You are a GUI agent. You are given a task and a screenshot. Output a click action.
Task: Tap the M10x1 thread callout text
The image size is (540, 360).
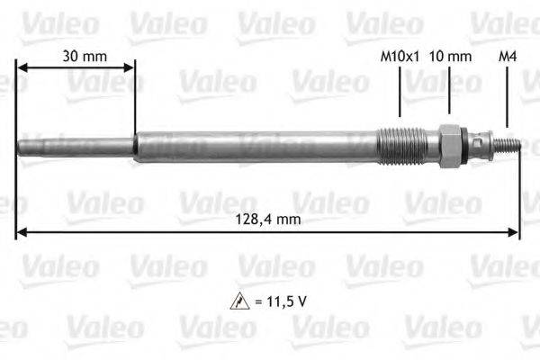pyautogui.click(x=399, y=56)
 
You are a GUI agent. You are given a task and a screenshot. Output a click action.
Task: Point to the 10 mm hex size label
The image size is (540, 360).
pyautogui.click(x=451, y=56)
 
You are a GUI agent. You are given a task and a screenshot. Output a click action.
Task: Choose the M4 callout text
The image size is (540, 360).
pyautogui.click(x=508, y=56)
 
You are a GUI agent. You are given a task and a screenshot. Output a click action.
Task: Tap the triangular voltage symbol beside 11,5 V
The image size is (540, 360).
pyautogui.click(x=238, y=301)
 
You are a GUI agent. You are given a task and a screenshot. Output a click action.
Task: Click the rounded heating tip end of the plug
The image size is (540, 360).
pyautogui.click(x=21, y=146)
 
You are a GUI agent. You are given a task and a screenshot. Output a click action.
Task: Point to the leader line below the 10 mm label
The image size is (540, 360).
pyautogui.click(x=448, y=90)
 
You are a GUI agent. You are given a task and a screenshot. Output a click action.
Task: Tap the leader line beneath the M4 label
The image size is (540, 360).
pyautogui.click(x=508, y=99)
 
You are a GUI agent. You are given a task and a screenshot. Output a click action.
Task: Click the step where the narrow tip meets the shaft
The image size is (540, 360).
pyautogui.click(x=134, y=146)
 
